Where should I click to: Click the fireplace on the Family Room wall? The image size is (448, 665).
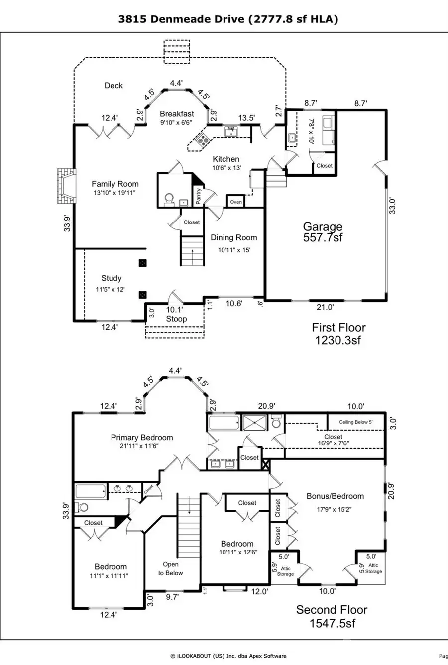click(x=66, y=186)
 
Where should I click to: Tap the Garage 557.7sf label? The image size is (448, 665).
click(x=323, y=232)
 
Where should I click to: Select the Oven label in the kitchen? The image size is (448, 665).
click(x=236, y=202)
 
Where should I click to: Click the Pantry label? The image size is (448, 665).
click(x=199, y=196)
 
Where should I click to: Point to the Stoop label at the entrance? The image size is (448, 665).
click(x=176, y=319)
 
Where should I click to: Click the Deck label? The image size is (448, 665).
click(x=113, y=86)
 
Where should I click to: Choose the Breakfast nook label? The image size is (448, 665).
click(x=177, y=114)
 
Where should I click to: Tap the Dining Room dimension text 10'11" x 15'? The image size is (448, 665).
click(x=233, y=250)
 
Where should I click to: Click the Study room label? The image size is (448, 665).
click(x=112, y=278)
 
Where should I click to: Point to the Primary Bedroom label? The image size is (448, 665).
click(x=142, y=438)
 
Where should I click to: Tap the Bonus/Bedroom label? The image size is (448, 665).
click(x=335, y=496)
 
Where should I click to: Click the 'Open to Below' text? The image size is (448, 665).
click(x=171, y=568)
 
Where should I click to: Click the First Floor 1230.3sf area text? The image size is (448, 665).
click(x=338, y=333)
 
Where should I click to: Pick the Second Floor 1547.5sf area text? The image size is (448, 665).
click(x=332, y=616)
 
